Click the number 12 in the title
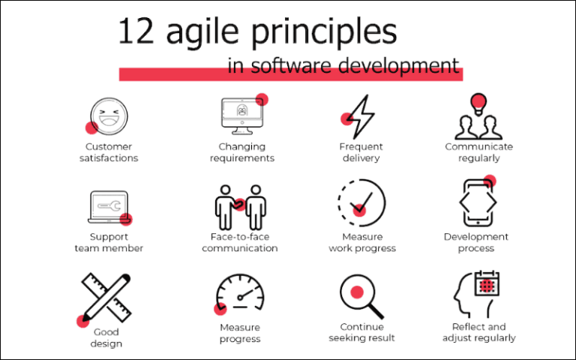coord(136,33)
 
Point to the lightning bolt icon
coord(361,115)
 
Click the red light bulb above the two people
coord(478,102)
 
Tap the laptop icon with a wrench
coord(109,205)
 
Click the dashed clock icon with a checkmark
coord(361,202)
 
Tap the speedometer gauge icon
coord(240,295)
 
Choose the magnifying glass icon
coord(360,295)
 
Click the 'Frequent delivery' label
coord(361,152)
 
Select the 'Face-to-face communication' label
coord(240,242)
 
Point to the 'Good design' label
coord(106,337)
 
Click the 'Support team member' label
coord(109,242)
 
